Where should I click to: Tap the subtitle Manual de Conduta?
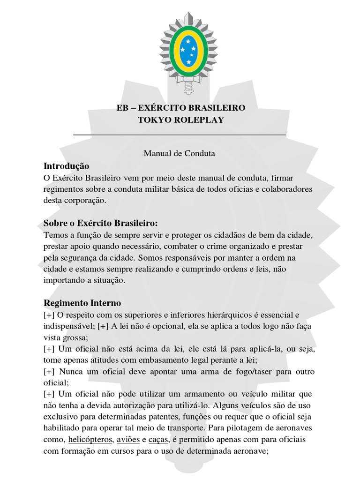click(179, 153)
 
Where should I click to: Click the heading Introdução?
click(66, 166)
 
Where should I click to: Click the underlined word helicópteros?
click(90, 440)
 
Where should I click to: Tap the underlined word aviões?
click(127, 440)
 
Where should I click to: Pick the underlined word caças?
click(158, 440)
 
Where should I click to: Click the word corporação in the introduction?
click(85, 200)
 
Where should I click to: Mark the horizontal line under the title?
click(180, 135)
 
